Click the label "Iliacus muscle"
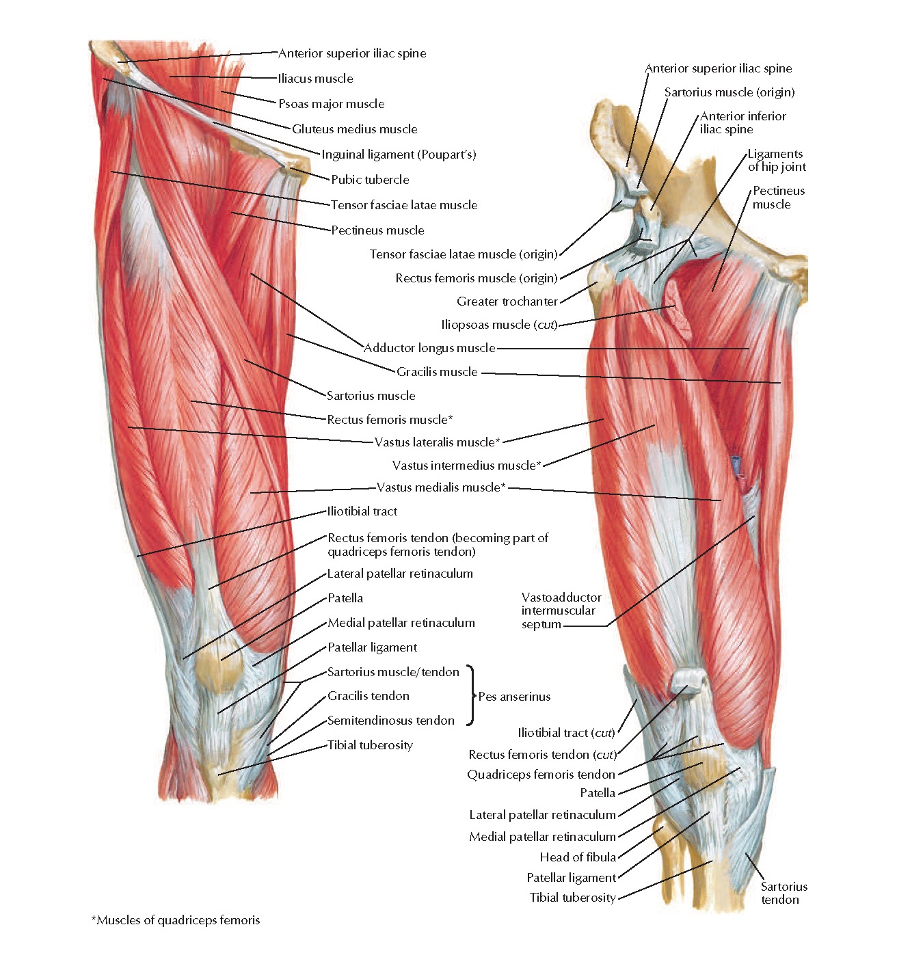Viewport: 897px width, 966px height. coord(315,79)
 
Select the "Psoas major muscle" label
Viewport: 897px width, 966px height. coord(331,104)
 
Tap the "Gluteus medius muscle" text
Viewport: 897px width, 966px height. coord(354,129)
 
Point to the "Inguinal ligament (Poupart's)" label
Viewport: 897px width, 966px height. coord(399,155)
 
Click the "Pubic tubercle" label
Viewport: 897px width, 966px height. coord(370,180)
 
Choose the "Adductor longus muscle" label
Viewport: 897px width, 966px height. coord(429,348)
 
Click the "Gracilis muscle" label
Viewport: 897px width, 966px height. coord(437,372)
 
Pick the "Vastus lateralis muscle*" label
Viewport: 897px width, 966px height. coord(437,442)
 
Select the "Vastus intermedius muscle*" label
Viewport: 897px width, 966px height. coord(466,466)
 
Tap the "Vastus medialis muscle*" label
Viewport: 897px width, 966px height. coord(441,487)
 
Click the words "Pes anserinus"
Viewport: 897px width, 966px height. coord(514,697)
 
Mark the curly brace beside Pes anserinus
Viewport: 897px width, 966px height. coord(470,695)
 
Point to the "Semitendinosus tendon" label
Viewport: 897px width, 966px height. coord(390,721)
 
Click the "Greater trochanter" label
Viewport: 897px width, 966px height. coord(507,301)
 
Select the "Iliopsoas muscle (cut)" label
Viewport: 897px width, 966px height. coord(499,325)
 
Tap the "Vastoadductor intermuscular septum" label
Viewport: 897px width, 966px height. coord(561,611)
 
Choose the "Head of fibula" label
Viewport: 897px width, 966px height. coord(578,857)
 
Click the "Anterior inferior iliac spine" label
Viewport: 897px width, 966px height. coord(742,122)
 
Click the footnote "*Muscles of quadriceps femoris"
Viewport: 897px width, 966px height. coord(176,920)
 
